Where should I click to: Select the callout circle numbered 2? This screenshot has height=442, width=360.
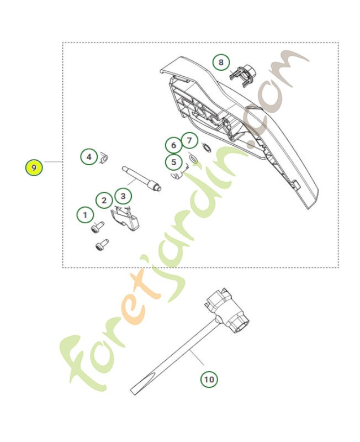click(x=104, y=200)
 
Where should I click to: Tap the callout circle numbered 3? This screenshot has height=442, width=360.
click(x=123, y=195)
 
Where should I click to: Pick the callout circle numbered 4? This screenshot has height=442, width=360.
click(x=89, y=157)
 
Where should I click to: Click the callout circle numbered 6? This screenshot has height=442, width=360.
click(x=173, y=145)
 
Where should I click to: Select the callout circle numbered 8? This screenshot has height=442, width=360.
click(x=221, y=62)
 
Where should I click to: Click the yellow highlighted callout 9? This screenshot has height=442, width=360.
click(x=34, y=167)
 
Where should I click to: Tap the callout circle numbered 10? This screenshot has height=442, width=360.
click(x=209, y=379)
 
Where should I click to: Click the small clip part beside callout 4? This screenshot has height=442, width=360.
click(x=104, y=160)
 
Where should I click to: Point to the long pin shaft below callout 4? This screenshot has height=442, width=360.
click(x=141, y=178)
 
